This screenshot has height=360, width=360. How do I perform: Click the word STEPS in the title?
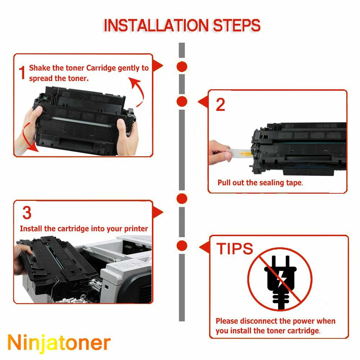point(237,25)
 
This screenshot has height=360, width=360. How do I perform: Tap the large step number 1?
point(22,73)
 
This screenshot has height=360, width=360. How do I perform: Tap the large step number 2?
point(220,105)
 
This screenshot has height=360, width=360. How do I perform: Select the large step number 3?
point(27,213)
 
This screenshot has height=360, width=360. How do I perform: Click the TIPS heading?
point(235,248)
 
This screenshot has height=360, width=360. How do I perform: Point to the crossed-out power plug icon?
point(280,279)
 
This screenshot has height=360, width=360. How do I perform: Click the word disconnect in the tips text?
point(259,321)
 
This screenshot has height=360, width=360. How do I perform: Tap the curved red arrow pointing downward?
point(28,138)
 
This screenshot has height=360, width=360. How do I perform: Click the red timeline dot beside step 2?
point(182,101)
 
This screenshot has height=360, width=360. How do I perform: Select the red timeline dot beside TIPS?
point(182,246)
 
